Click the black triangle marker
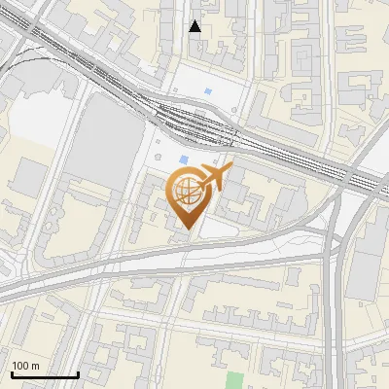click(195, 26)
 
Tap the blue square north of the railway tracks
click(209, 93)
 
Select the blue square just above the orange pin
click(184, 160)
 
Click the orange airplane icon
click(215, 178)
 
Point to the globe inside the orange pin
click(187, 193)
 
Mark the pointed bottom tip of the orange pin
click(188, 230)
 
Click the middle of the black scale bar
click(45, 374)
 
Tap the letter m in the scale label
click(36, 365)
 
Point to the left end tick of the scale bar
click(12, 373)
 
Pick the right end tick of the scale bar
click(78, 373)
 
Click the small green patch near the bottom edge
click(235, 381)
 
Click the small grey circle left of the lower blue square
click(159, 156)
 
